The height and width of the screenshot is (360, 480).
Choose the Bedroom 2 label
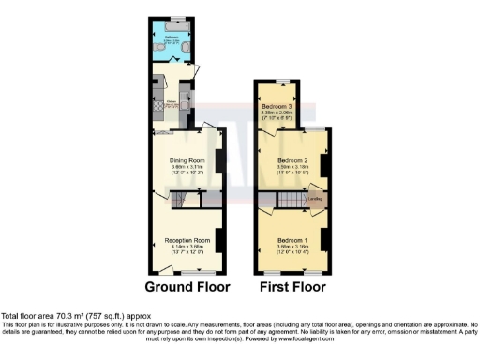click(x=292, y=160)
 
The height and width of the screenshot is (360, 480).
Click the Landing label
click(x=317, y=199)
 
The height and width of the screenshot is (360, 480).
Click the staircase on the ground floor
click(x=177, y=200)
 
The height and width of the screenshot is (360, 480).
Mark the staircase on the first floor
click(x=293, y=202)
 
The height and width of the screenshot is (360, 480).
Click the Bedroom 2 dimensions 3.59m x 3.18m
click(x=292, y=167)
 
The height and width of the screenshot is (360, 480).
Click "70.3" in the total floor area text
click(x=54, y=317)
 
